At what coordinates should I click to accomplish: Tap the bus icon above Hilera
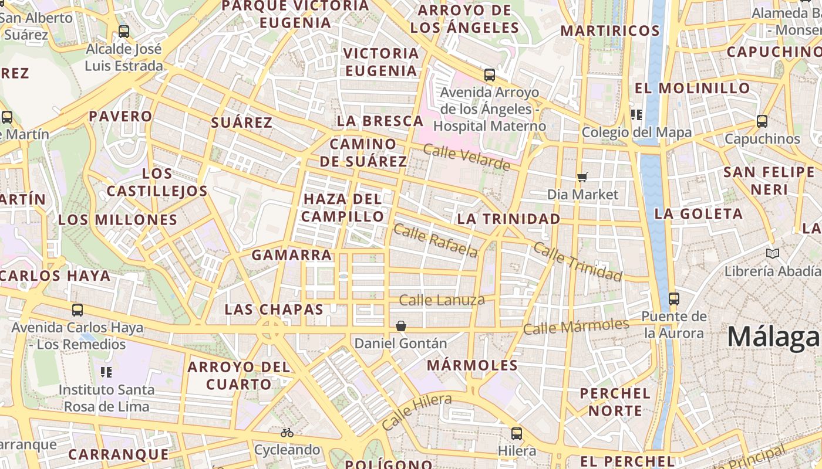pyautogui.click(x=516, y=434)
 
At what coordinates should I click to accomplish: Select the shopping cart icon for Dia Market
pyautogui.click(x=582, y=177)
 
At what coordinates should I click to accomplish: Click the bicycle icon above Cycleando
pyautogui.click(x=287, y=433)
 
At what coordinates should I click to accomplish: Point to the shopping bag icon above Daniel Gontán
pyautogui.click(x=401, y=326)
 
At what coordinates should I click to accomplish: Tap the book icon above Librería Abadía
pyautogui.click(x=773, y=254)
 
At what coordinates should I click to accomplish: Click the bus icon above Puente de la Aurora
pyautogui.click(x=673, y=299)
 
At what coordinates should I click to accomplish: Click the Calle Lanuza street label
pyautogui.click(x=442, y=301)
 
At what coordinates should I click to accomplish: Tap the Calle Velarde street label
pyautogui.click(x=467, y=158)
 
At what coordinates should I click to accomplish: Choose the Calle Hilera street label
pyautogui.click(x=416, y=412)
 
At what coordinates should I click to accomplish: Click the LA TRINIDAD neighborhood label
pyautogui.click(x=508, y=219)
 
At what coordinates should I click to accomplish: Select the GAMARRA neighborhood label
pyautogui.click(x=292, y=255)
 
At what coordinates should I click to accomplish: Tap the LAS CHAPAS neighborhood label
pyautogui.click(x=274, y=309)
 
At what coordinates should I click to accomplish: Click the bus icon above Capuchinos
pyautogui.click(x=762, y=122)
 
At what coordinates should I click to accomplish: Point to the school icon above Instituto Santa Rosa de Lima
pyautogui.click(x=106, y=372)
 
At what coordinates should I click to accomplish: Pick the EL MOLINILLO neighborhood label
pyautogui.click(x=692, y=89)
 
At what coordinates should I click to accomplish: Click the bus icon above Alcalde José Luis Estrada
pyautogui.click(x=123, y=32)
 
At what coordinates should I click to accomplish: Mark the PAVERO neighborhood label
pyautogui.click(x=120, y=116)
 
